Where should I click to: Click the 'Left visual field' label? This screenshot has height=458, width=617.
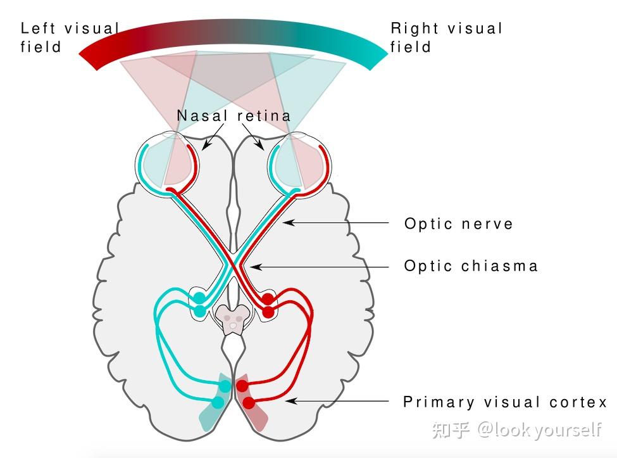[x=70, y=37]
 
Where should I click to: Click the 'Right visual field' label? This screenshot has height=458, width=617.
[x=446, y=37]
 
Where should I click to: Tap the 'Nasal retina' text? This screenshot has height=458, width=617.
[x=234, y=116]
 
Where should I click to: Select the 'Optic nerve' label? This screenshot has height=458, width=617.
[x=458, y=224]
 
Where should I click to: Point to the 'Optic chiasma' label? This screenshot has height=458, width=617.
[x=471, y=266]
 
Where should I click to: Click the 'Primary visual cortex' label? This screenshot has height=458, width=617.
[x=505, y=402]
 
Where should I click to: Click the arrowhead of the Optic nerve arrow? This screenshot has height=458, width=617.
[x=289, y=222]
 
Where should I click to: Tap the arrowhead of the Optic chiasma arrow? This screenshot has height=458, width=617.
[x=256, y=267]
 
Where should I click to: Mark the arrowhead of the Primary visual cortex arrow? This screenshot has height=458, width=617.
[x=291, y=401]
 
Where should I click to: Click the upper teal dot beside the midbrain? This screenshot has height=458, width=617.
[x=199, y=297]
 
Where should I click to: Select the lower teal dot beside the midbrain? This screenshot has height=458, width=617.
[x=200, y=310]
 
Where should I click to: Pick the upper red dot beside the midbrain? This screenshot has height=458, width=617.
[x=268, y=298]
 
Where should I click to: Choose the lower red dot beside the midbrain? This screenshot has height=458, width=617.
[x=268, y=312]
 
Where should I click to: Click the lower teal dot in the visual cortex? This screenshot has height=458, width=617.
[x=218, y=402]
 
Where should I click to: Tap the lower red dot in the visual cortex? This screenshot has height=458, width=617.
[x=249, y=403]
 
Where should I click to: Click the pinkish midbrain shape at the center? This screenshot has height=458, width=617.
[x=232, y=319]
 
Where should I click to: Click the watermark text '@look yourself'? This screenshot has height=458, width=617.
[x=539, y=429]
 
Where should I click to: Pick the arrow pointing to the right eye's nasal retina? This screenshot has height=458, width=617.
[x=252, y=137]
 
